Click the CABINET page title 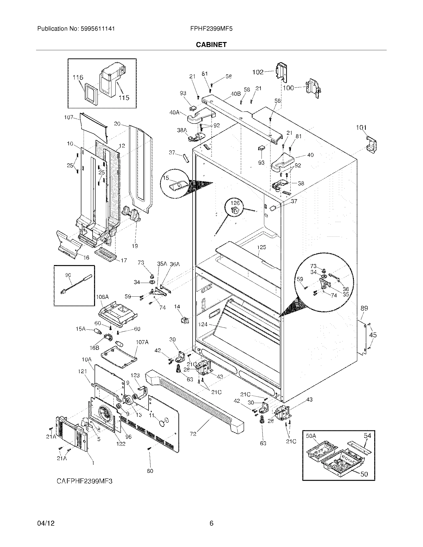click(x=211, y=45)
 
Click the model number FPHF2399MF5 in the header click(x=211, y=29)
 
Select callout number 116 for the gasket click(x=78, y=77)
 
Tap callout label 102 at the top click(x=258, y=72)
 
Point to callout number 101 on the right click(x=361, y=128)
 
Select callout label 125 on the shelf click(x=262, y=247)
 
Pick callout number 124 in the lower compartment click(x=203, y=324)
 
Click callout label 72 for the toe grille click(x=193, y=434)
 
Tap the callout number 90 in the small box click(x=68, y=275)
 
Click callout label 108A click(x=102, y=297)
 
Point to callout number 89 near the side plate click(x=364, y=308)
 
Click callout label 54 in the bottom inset click(x=367, y=436)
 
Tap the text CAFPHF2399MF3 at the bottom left click(x=84, y=481)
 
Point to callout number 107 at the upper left click(x=69, y=117)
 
